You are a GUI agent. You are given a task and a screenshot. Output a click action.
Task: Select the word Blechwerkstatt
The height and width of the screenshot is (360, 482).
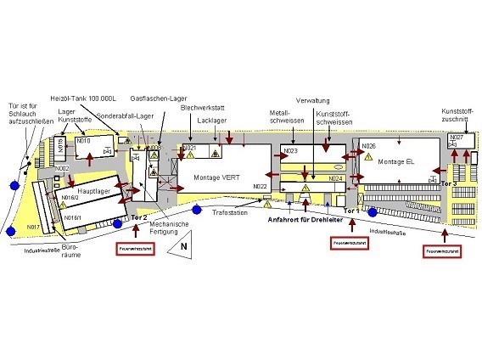click(203, 108)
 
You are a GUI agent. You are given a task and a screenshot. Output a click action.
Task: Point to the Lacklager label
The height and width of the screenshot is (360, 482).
click(211, 121)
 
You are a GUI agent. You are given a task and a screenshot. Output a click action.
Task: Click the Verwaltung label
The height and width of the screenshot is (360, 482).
click(312, 99)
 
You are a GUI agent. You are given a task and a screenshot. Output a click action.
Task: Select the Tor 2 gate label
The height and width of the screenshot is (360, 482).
click(141, 218)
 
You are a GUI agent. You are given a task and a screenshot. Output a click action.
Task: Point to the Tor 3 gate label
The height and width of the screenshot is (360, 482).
click(450, 183)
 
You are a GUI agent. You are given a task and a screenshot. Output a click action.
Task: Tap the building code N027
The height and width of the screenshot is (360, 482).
click(457, 138)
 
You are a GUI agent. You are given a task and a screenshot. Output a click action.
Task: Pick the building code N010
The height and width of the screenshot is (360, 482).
click(83, 141)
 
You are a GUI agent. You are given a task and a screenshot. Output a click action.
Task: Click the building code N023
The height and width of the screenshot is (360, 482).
click(290, 151)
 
